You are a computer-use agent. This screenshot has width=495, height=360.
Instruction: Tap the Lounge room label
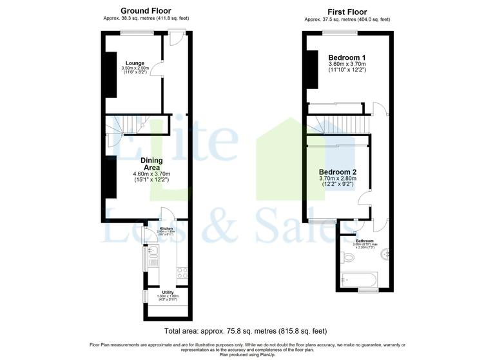pos(135,63)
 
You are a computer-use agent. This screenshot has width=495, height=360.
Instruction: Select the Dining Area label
pos(151,164)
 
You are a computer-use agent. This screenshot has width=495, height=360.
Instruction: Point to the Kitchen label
pos(166,229)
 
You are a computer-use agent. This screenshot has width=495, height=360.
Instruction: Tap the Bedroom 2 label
pos(338,172)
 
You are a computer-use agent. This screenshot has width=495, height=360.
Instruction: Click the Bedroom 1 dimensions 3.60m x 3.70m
pos(347,65)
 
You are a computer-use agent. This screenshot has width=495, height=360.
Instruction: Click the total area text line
pos(247,330)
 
